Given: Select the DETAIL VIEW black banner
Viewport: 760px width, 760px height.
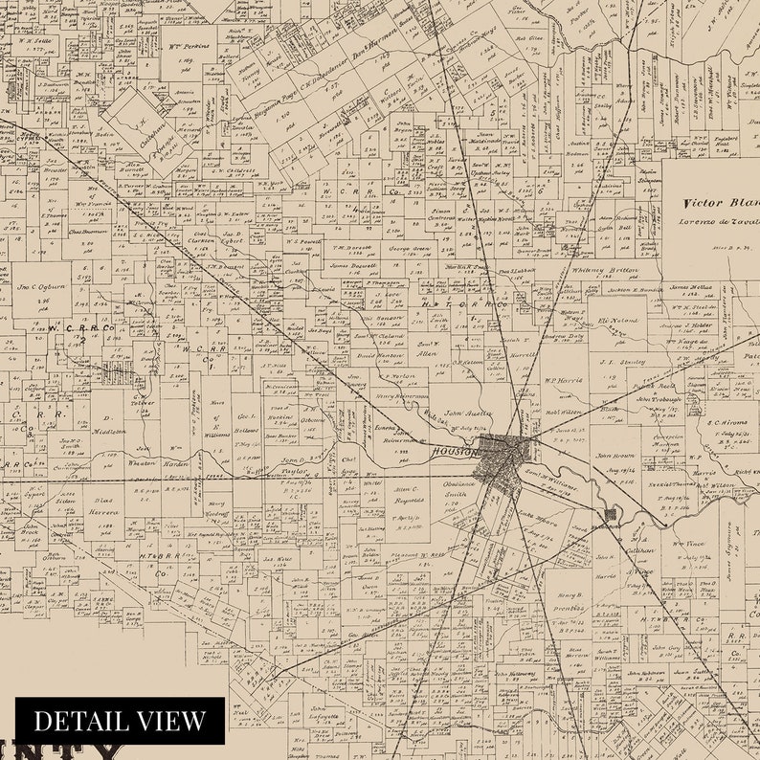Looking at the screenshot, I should tap(120, 720).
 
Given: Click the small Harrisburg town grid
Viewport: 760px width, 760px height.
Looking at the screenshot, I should tap(610, 515).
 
